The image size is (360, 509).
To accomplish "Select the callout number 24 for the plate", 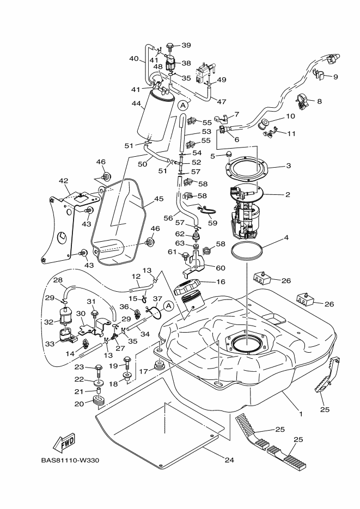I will click(229, 459).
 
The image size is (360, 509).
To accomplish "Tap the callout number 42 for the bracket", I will click(64, 180).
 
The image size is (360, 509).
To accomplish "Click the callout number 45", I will click(158, 199).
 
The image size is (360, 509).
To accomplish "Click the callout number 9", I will click(335, 77).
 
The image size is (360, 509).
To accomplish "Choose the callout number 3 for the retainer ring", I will click(289, 166).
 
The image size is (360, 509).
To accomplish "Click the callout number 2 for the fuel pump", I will click(288, 194).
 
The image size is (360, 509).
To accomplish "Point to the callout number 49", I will click(222, 79).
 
